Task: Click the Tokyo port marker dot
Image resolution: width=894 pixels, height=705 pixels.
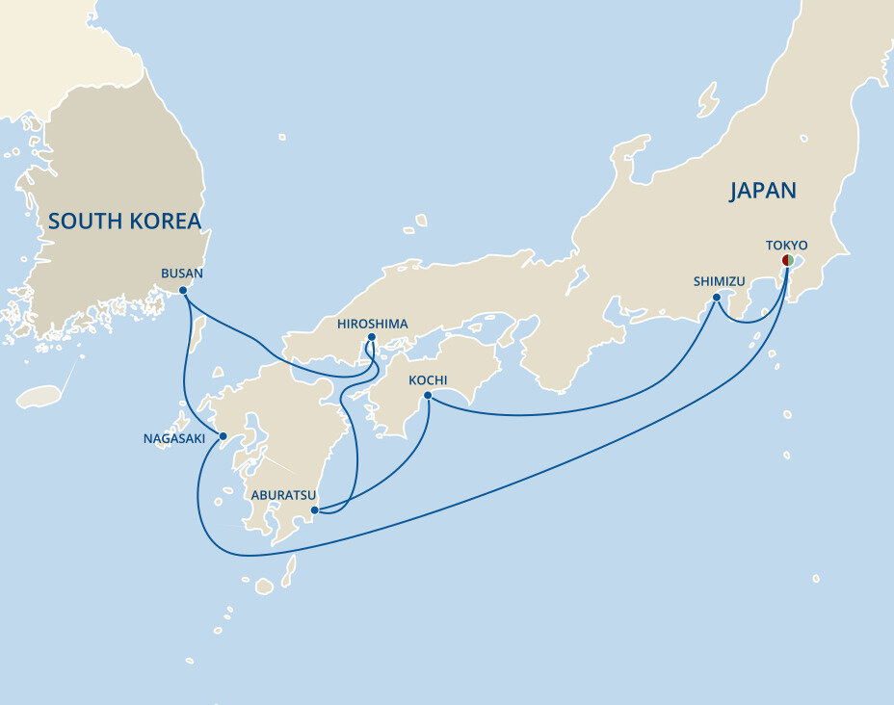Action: click(x=787, y=260)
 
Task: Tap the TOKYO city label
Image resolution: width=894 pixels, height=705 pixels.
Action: click(x=786, y=246)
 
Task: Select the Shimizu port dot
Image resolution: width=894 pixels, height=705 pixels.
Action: click(x=717, y=298)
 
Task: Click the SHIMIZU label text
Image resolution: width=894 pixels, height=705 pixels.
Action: click(x=719, y=281)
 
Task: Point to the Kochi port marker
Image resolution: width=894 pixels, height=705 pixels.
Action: click(x=428, y=395)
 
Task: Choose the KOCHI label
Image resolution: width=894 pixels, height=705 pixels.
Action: click(x=428, y=379)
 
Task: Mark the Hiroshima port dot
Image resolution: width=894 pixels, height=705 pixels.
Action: click(x=371, y=337)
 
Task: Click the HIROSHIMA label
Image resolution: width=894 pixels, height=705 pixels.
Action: click(x=372, y=324)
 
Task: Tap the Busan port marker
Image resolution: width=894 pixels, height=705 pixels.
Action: click(x=183, y=290)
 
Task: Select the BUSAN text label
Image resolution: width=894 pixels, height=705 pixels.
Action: click(x=182, y=274)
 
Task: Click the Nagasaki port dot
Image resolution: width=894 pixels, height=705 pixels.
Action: click(x=223, y=436)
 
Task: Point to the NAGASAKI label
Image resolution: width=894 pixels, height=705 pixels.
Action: click(x=173, y=438)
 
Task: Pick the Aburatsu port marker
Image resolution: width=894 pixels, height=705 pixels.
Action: click(x=315, y=509)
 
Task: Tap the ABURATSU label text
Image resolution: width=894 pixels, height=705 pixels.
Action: click(x=283, y=495)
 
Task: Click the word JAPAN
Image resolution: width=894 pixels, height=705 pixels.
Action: click(x=762, y=191)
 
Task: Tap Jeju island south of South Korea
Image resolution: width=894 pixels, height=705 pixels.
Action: click(x=39, y=396)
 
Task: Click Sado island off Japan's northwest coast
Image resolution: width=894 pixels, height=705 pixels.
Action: click(x=708, y=99)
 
